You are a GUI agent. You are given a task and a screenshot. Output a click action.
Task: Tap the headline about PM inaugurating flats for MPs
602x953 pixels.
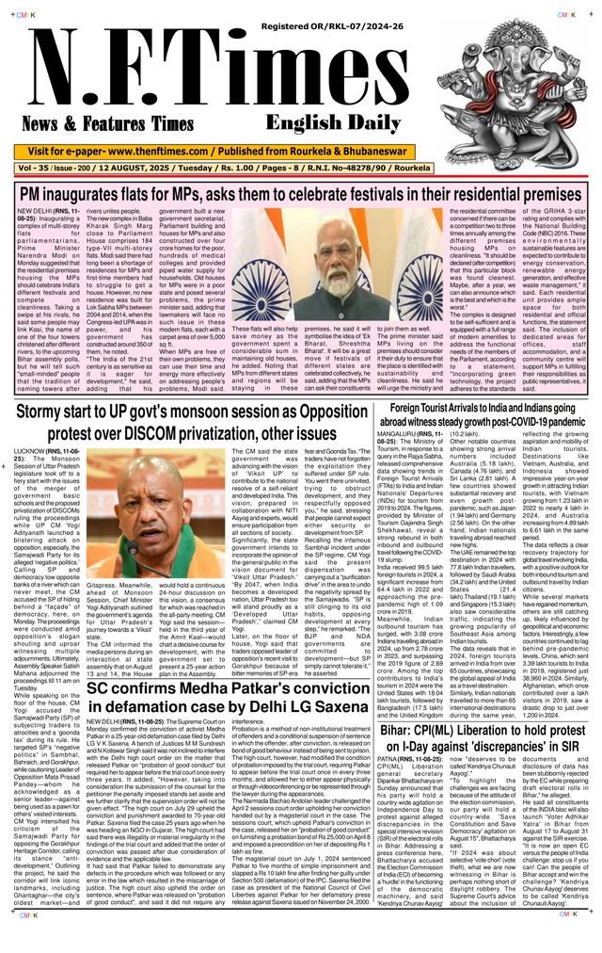(301, 196)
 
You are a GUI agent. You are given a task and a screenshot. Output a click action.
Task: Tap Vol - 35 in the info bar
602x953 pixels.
(43, 169)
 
